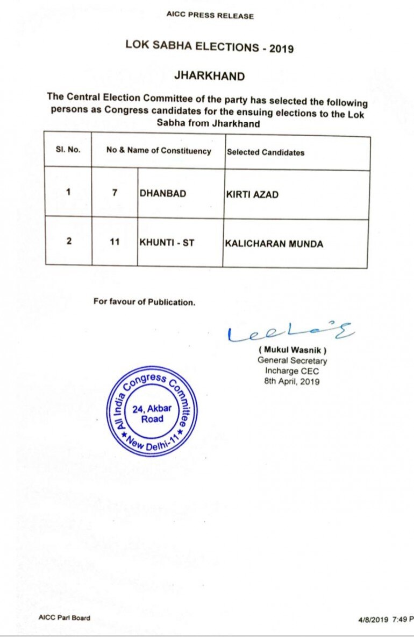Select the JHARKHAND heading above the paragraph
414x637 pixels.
209,76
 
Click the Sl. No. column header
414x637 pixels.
68,150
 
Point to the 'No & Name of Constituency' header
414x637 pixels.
159,151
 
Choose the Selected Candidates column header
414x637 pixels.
266,152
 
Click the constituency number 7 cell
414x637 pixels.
115,193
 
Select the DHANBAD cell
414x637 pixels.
163,193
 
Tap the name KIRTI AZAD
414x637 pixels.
252,194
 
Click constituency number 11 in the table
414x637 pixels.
115,242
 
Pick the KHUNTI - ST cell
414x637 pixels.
167,243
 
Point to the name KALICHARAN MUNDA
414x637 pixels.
274,244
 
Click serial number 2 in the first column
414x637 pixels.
69,241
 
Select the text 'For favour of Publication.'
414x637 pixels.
144,302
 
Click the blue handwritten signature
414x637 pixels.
290,332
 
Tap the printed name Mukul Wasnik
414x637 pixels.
292,351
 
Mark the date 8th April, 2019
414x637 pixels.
292,382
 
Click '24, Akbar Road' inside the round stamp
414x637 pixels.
152,413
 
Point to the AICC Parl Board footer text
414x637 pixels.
64,618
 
